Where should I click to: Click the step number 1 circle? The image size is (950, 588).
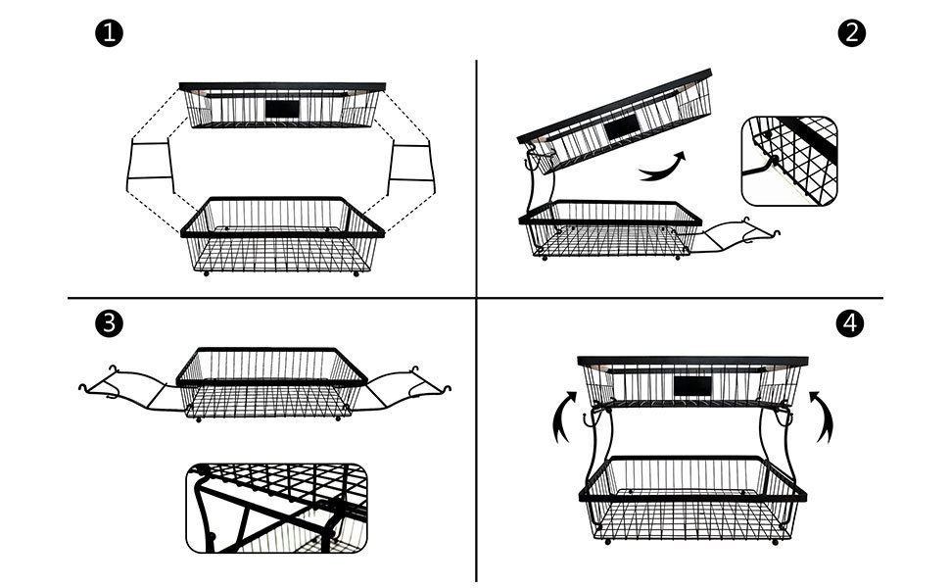tap(110, 33)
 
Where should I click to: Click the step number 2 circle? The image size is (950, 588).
tap(852, 33)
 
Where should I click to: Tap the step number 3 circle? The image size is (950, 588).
tap(110, 324)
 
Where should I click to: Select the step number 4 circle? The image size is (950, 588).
tap(852, 324)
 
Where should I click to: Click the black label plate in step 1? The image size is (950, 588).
tap(285, 108)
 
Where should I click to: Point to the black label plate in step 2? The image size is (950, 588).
tap(622, 128)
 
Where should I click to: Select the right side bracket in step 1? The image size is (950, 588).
tap(411, 169)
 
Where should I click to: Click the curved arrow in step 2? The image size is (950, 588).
tap(663, 168)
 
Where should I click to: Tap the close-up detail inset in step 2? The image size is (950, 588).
tap(790, 161)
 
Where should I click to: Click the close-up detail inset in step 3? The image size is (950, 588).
tap(277, 509)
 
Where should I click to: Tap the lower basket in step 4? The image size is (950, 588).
tap(692, 500)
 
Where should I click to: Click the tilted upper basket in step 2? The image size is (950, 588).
tap(612, 127)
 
